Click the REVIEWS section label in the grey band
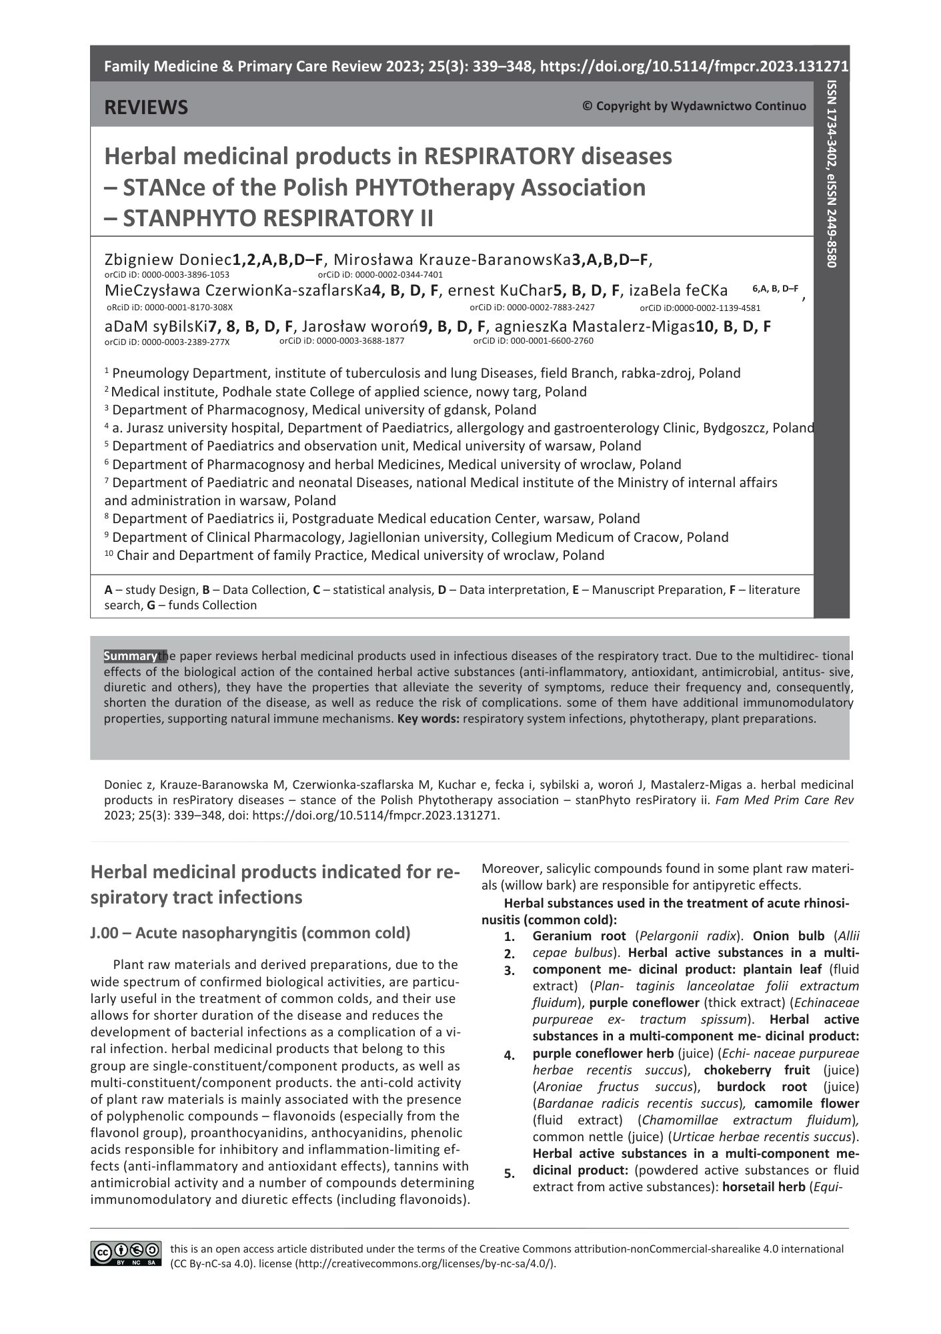(x=146, y=107)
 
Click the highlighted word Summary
(x=131, y=656)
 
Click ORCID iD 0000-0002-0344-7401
(x=380, y=274)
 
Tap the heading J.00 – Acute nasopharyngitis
(x=250, y=932)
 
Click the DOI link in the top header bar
(x=694, y=67)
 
